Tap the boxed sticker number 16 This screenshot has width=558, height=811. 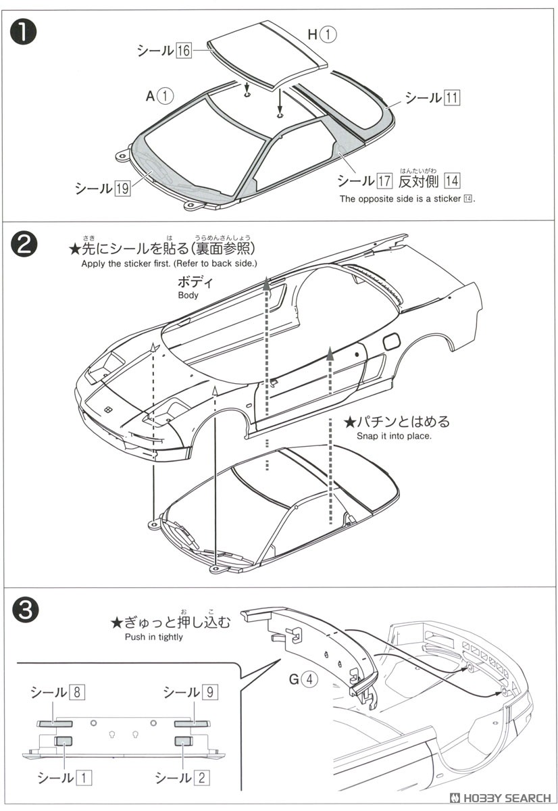pos(184,51)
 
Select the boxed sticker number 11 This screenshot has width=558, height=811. pos(452,97)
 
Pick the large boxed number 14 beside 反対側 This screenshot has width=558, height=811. pos(452,180)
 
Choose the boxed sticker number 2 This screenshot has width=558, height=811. pos(201,777)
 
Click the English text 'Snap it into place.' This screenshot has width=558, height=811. pos(394,436)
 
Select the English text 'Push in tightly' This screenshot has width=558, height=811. pos(153,637)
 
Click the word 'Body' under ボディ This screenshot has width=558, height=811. pos(188,295)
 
